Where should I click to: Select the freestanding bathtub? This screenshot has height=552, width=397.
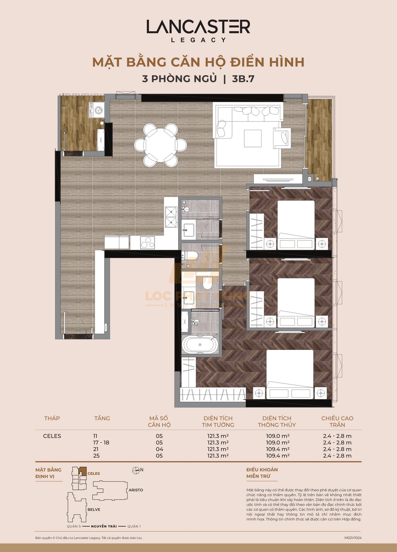click(x=200, y=345)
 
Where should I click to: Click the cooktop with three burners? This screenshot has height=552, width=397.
click(x=147, y=243)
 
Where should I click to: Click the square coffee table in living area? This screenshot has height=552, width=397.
click(x=252, y=138)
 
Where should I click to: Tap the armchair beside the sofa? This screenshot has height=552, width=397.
click(x=282, y=138)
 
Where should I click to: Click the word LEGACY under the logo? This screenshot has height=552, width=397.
click(x=198, y=40)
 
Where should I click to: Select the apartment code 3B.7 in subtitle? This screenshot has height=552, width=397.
click(x=243, y=79)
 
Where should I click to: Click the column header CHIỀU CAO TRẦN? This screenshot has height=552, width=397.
click(x=337, y=421)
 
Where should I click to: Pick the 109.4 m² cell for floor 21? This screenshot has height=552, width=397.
click(x=277, y=449)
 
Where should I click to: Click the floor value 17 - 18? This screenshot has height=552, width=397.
click(x=101, y=442)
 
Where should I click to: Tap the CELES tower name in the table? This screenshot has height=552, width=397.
click(x=52, y=436)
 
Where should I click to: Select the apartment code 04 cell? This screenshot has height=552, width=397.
click(x=159, y=449)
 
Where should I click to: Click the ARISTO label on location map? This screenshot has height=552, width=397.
click(x=136, y=490)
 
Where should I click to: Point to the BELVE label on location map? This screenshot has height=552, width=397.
click(x=94, y=509)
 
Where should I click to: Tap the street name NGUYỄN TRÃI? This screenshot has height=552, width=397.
click(x=104, y=526)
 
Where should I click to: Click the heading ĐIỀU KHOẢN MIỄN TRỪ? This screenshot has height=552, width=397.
click(x=262, y=473)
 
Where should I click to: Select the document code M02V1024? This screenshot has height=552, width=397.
click(x=353, y=538)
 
